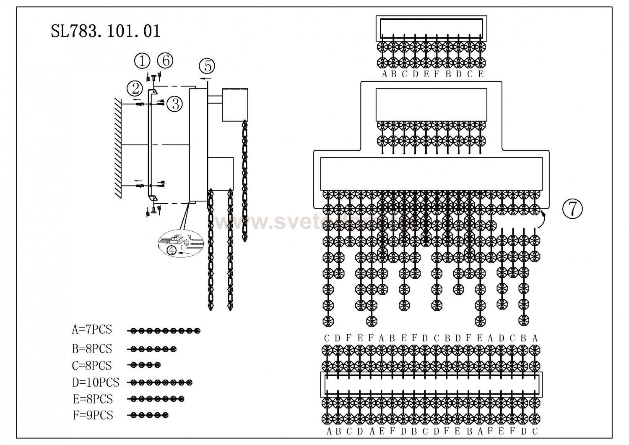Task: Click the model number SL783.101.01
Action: [105, 31]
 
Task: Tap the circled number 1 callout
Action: [143, 61]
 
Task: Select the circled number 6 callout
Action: [165, 60]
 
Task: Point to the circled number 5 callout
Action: [207, 65]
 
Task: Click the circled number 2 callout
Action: [135, 89]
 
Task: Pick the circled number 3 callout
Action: [174, 103]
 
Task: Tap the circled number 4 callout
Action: [172, 250]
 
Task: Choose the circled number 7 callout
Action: [572, 208]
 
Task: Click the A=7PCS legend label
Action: [92, 330]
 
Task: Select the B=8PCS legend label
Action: [92, 348]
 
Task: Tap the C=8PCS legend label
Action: [92, 366]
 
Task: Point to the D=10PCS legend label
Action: [95, 382]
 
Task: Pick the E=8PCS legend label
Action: [92, 398]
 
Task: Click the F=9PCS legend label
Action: [92, 415]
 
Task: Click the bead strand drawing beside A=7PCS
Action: [164, 331]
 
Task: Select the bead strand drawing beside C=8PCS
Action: [145, 364]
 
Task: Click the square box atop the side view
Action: [235, 105]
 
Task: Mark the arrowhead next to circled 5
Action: [201, 78]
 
